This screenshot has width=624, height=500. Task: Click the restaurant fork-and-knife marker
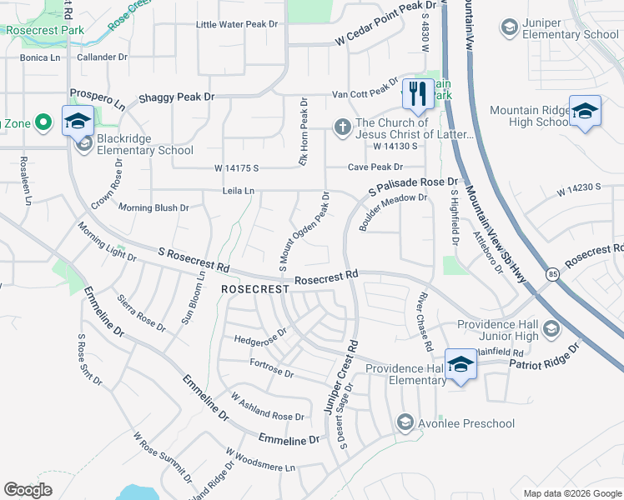tap(418, 92)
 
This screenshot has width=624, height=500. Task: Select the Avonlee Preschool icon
tap(405, 423)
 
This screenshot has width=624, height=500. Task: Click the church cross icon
tap(341, 127)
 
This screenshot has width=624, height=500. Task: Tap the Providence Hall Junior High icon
tap(550, 330)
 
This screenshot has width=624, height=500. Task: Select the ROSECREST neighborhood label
tap(254, 288)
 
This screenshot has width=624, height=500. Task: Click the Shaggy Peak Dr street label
tap(177, 97)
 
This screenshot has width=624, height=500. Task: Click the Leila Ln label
tap(238, 191)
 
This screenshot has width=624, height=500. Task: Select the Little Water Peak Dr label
tap(237, 24)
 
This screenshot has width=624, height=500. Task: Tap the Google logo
tap(28, 490)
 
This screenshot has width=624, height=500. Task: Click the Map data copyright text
tap(571, 493)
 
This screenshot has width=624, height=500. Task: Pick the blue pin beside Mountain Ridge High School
tap(585, 112)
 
